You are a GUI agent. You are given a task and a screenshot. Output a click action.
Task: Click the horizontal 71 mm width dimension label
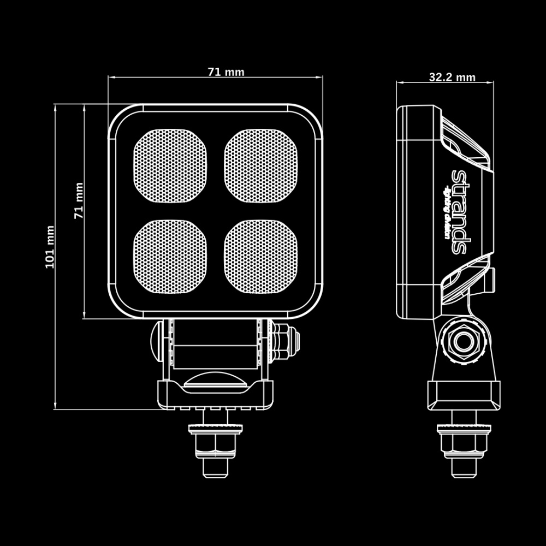pyautogui.click(x=225, y=72)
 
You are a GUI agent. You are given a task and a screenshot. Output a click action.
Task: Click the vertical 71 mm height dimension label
pyautogui.click(x=79, y=201)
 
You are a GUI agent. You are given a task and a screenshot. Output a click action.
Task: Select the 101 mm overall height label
pyautogui.click(x=50, y=247)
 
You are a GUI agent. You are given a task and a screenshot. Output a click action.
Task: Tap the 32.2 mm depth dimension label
pyautogui.click(x=452, y=77)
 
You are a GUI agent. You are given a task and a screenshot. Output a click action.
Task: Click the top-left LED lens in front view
pyautogui.click(x=171, y=165)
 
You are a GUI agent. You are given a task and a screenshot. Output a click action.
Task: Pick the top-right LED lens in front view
pyautogui.click(x=262, y=165)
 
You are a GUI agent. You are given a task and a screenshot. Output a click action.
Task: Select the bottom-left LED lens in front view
pyautogui.click(x=171, y=256)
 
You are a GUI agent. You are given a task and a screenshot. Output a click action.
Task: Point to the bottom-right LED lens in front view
pyautogui.click(x=262, y=256)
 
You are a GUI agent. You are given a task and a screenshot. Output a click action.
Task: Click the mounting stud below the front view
pyautogui.click(x=215, y=449)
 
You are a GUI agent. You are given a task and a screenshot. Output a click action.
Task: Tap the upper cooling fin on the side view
pyautogui.click(x=465, y=142)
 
